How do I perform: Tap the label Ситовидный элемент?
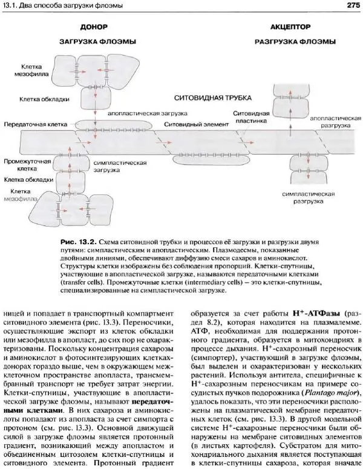point(188,124)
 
